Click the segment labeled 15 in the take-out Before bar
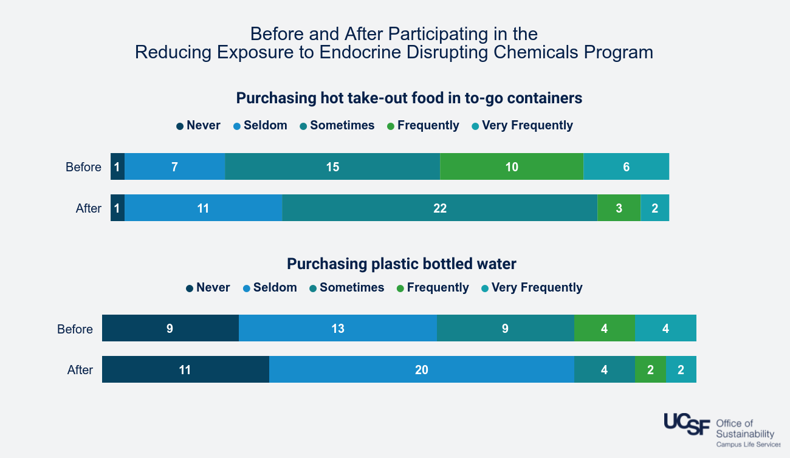pos(332,167)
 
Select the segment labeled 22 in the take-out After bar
pos(440,208)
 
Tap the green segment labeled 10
pos(512,167)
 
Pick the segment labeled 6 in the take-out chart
pos(626,167)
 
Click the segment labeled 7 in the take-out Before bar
pos(174,167)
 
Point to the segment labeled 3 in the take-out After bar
pos(619,208)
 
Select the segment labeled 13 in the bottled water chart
pos(338,329)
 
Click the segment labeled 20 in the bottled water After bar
pos(422,370)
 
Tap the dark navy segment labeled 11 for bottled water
pos(185,370)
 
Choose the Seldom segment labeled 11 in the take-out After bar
pos(203,208)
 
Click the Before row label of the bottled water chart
pos(75,329)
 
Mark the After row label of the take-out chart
pos(88,208)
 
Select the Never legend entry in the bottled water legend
pos(208,288)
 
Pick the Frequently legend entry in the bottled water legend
pos(432,288)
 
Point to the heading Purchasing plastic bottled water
pos(401,264)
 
